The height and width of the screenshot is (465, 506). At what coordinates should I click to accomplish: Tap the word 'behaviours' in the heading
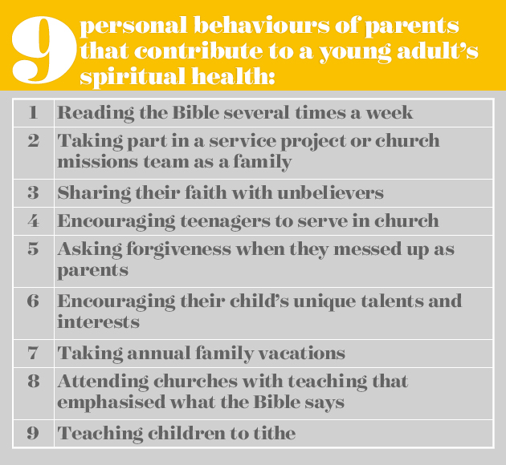tap(262, 25)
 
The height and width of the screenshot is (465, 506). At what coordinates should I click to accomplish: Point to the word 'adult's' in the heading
tap(437, 51)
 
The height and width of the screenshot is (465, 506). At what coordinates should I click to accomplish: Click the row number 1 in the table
tap(33, 113)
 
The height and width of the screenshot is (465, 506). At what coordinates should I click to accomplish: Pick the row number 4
tap(33, 221)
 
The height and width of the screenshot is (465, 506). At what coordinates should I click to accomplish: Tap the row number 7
tap(33, 353)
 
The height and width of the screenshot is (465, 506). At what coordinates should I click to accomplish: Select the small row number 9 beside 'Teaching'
tap(33, 433)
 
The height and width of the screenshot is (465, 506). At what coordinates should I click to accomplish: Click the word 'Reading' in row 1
tap(96, 113)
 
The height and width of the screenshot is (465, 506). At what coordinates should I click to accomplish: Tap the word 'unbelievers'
tap(330, 193)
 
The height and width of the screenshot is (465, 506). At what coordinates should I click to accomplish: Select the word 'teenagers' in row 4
tap(225, 221)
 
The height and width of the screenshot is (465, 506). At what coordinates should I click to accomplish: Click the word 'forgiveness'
tap(179, 249)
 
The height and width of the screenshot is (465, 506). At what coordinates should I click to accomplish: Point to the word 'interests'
tap(99, 321)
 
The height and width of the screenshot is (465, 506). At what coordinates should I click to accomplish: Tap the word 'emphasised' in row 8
tap(112, 402)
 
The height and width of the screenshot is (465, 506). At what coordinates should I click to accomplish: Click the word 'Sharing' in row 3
tap(94, 193)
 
